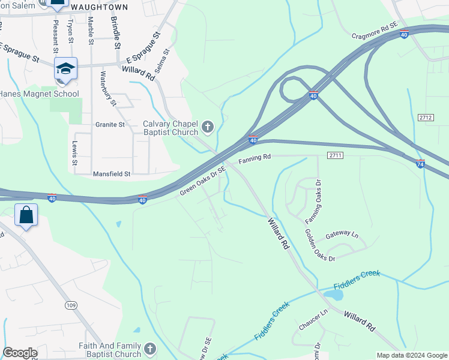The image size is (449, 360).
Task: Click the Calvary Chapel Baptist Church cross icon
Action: (x=208, y=127)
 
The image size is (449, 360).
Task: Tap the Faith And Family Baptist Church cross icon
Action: (x=149, y=348)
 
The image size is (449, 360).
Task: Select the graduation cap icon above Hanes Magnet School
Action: (x=65, y=69)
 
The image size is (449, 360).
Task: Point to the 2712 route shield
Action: (x=426, y=118)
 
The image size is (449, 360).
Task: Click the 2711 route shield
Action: (x=335, y=155)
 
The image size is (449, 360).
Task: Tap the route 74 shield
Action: (x=421, y=164)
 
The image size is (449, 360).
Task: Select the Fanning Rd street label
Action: (x=255, y=158)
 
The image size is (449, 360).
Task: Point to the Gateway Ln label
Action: (x=342, y=235)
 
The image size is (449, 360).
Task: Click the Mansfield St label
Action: (x=112, y=174)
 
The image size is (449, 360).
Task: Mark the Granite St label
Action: (x=109, y=125)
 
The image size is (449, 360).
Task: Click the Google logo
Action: (x=20, y=353)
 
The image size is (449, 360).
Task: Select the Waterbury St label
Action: (x=107, y=88)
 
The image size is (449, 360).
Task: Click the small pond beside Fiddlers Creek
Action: (x=334, y=295)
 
